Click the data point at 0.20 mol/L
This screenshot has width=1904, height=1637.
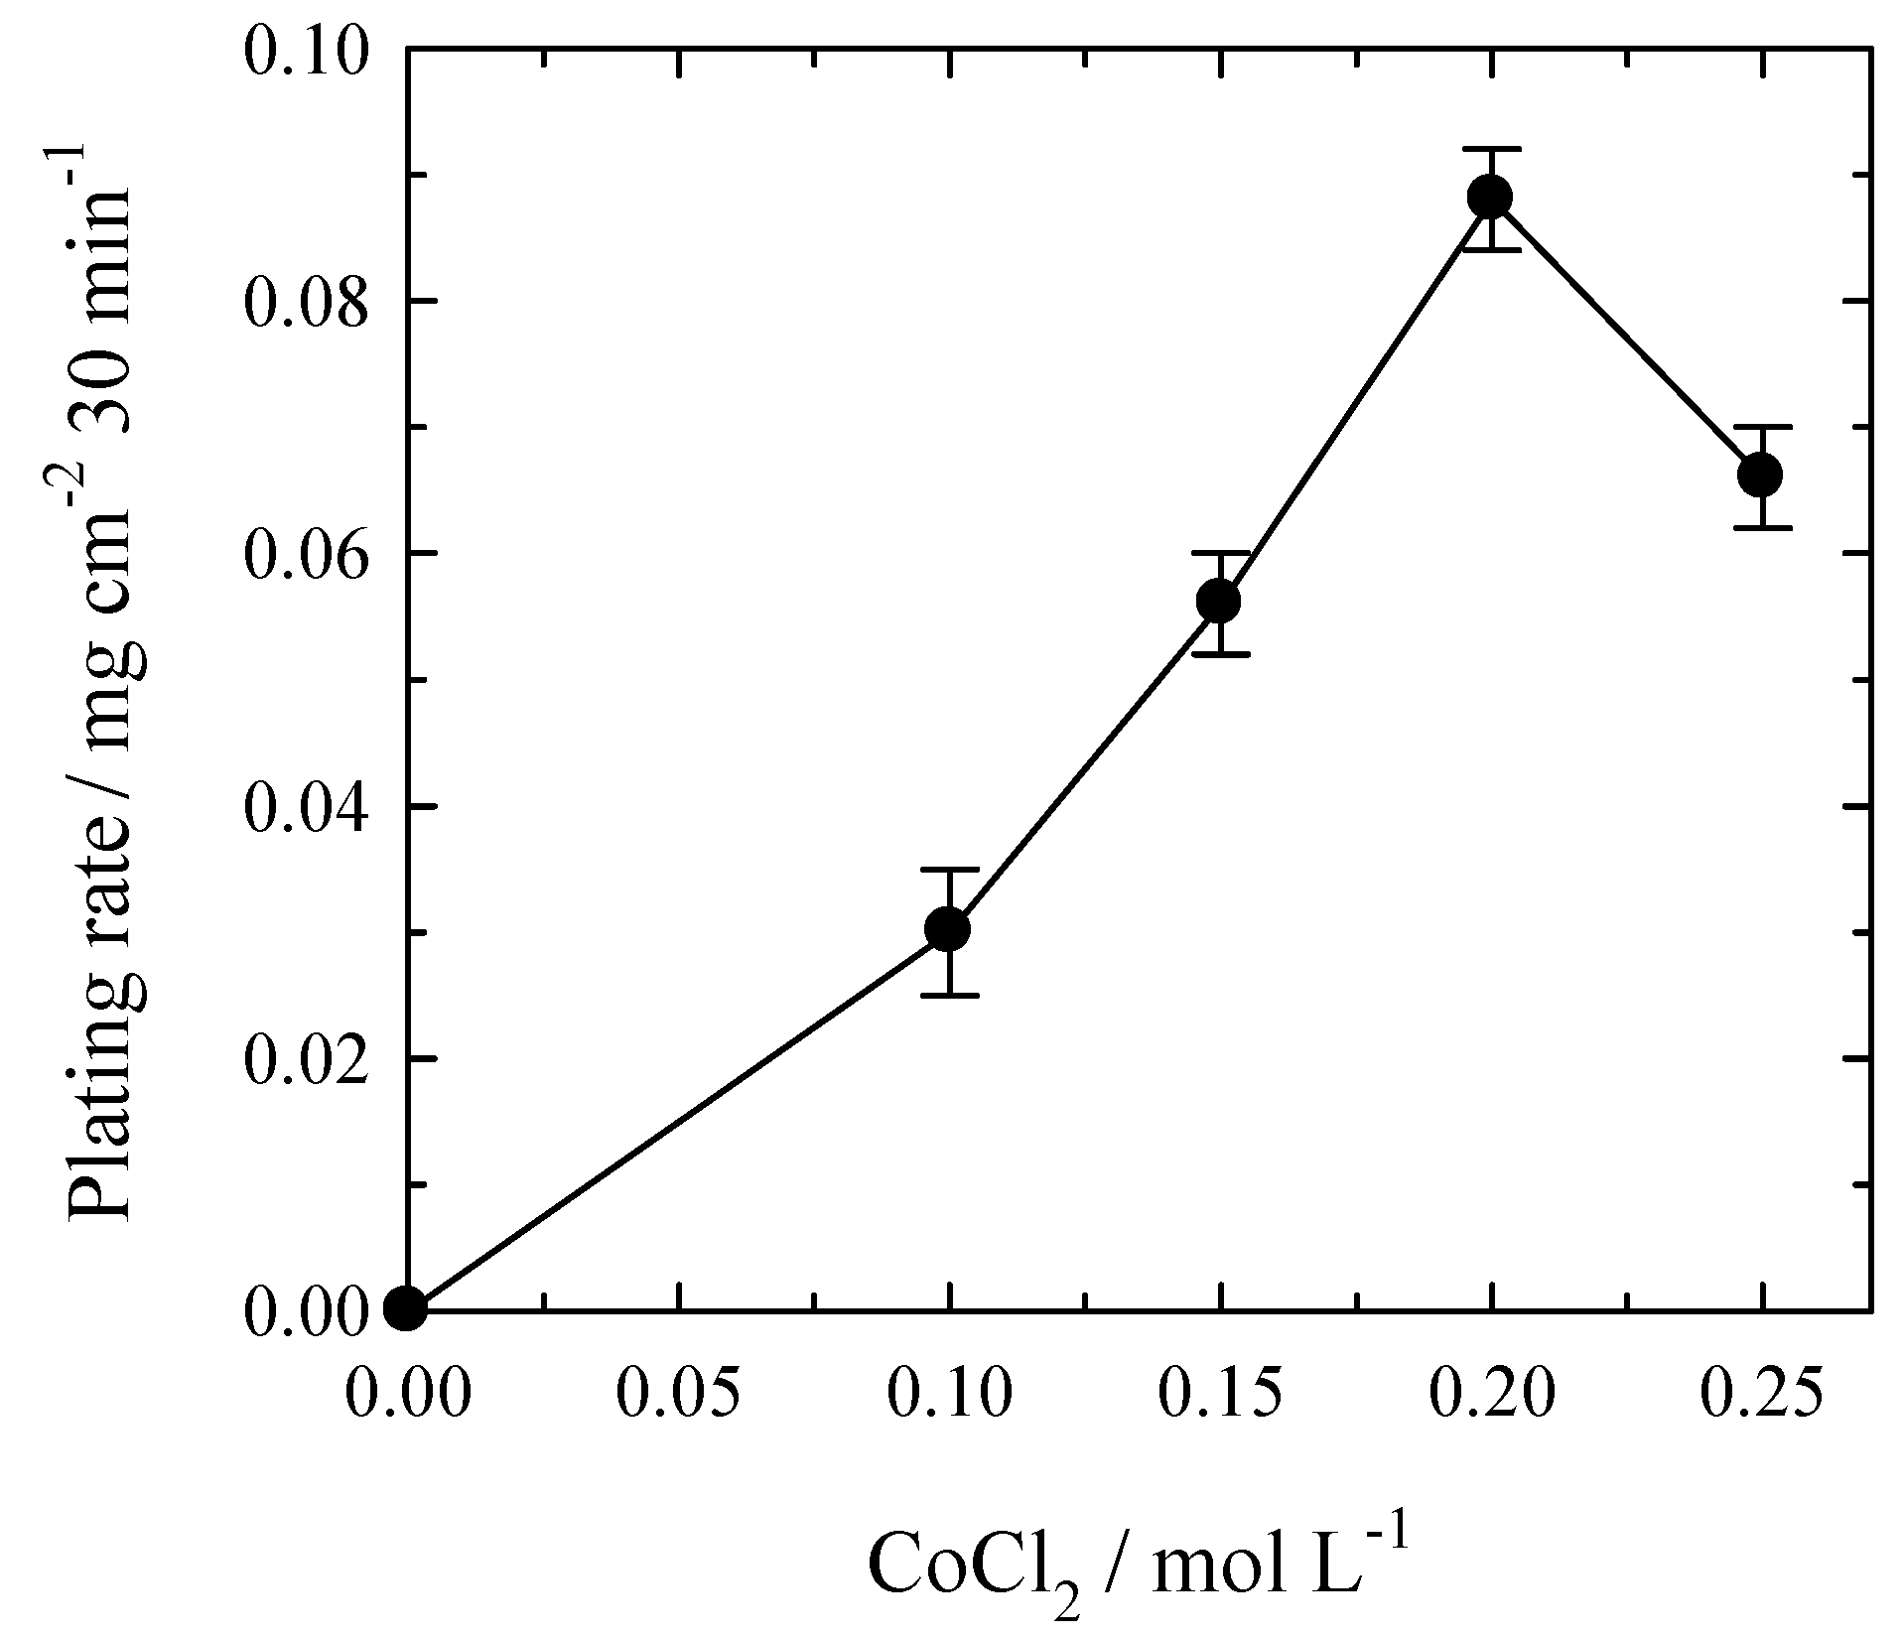1490,196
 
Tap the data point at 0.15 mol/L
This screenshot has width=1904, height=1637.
1219,601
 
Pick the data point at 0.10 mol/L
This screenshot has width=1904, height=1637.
948,929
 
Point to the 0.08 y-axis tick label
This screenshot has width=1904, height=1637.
304,302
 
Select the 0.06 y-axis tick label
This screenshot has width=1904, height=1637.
304,554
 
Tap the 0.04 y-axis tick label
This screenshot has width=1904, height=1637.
304,806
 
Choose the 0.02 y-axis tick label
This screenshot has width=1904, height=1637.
304,1058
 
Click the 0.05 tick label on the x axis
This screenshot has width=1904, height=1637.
678,1393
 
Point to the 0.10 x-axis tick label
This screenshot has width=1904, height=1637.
949,1393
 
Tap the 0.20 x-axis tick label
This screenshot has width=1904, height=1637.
1491,1393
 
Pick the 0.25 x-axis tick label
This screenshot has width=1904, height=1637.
1762,1393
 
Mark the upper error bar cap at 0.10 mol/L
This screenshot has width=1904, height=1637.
948,870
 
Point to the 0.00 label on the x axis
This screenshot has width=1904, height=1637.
407,1393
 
